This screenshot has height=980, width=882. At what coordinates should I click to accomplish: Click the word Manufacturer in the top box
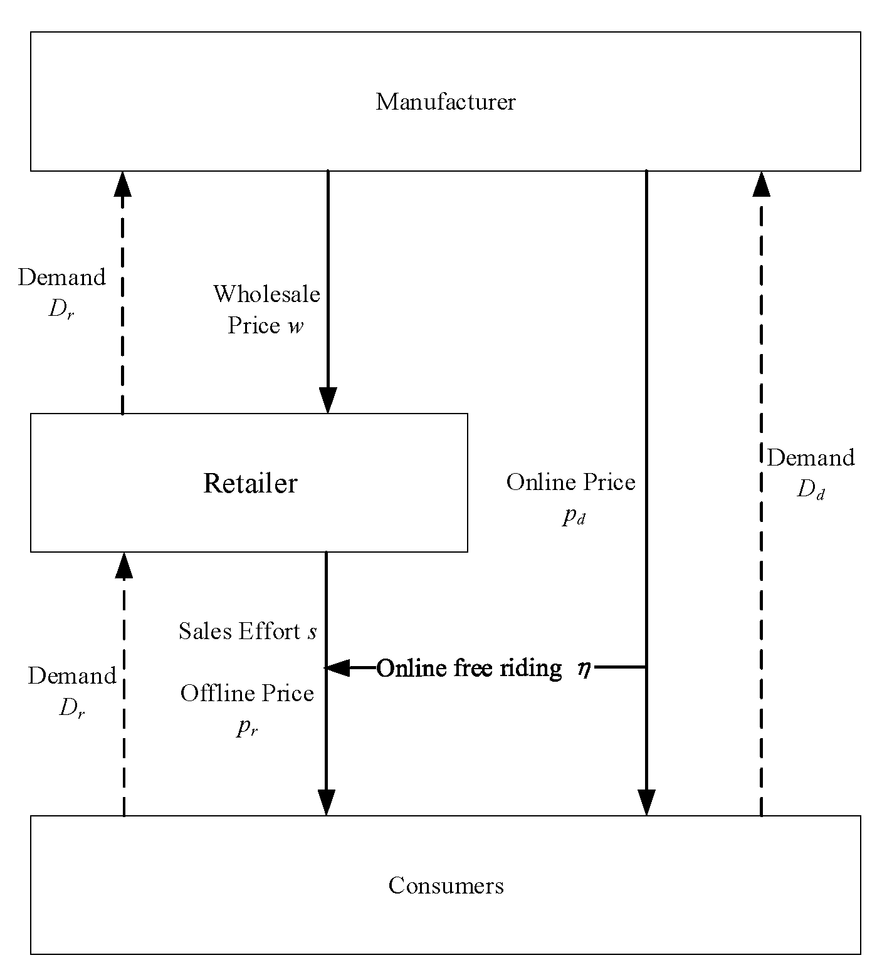[445, 102]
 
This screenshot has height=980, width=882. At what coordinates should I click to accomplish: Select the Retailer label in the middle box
[250, 483]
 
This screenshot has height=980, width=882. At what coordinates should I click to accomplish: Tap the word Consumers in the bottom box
[446, 885]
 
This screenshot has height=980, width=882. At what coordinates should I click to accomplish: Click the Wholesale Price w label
[266, 310]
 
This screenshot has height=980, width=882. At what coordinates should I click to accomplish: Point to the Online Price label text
[570, 482]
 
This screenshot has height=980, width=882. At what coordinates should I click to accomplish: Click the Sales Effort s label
[248, 631]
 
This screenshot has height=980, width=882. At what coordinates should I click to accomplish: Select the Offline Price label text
[247, 693]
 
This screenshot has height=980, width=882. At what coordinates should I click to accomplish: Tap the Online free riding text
[469, 668]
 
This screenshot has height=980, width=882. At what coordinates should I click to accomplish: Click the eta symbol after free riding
[584, 669]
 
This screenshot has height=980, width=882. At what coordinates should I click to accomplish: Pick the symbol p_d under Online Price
[573, 516]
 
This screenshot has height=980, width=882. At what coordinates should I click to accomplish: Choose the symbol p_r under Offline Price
[247, 727]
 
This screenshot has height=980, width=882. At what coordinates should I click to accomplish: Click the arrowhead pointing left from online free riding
[339, 668]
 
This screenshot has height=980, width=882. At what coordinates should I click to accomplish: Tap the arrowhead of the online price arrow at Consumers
[646, 802]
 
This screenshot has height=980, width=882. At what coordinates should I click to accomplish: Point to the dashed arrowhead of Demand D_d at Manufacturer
[762, 185]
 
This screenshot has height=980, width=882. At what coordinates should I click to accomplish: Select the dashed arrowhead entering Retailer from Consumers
[124, 566]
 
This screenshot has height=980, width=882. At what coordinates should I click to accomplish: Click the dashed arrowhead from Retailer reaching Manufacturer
[122, 185]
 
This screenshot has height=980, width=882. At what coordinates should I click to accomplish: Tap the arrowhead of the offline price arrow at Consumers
[326, 802]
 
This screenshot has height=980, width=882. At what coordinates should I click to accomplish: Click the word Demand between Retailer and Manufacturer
[61, 277]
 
